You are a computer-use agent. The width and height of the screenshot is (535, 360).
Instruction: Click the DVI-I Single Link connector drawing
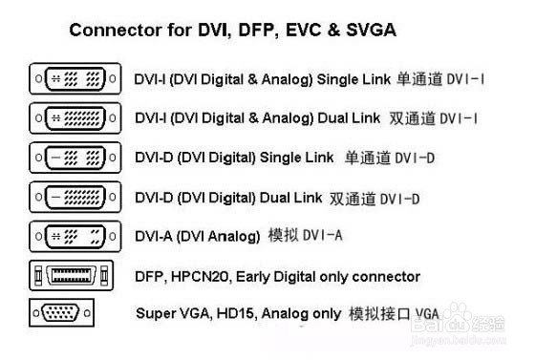click(x=75, y=77)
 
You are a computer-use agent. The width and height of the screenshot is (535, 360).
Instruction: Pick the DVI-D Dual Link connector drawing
click(x=75, y=197)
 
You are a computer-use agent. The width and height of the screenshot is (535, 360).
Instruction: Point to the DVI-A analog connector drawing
click(x=75, y=235)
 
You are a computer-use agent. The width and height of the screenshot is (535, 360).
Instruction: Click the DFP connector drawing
click(x=75, y=276)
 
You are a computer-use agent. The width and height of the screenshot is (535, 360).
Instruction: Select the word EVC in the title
click(x=304, y=31)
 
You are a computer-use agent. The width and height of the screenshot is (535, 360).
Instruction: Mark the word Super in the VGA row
click(x=155, y=313)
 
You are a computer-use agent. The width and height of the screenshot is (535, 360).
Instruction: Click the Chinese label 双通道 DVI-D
click(x=374, y=199)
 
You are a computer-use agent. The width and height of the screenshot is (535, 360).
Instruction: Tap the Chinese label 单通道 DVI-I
click(x=440, y=77)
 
